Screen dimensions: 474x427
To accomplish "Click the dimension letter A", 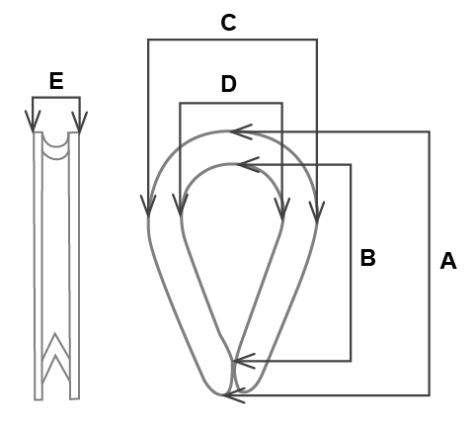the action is pos(448,261).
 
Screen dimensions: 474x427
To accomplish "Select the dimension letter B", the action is pos(368,258).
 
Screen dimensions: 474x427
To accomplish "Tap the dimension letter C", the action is pos(228,23).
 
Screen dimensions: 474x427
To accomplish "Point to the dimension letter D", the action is pos(229,83).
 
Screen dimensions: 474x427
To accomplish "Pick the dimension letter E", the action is pos(56,81).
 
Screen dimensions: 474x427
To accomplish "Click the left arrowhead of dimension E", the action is pos(33,122).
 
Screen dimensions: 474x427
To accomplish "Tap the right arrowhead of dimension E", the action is pos(80,123).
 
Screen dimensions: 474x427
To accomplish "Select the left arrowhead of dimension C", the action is pos(148,206).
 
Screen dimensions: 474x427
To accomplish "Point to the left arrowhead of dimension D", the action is pos(180,205).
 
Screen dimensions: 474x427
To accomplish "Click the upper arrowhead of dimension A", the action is pos(241,131).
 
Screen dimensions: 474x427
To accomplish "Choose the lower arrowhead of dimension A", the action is pos(234,395).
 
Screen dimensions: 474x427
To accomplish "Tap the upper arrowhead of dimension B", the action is pos(248,164).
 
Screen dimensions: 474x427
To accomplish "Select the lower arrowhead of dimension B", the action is pos(244,361).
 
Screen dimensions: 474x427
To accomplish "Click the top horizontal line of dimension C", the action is pos(232,40).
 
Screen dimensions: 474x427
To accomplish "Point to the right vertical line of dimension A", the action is pos(430,263).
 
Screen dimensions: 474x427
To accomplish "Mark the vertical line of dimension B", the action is pos(351,263).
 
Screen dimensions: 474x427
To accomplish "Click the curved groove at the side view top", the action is pos(56,146).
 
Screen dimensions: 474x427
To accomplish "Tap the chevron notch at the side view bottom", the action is pos(55,358).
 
